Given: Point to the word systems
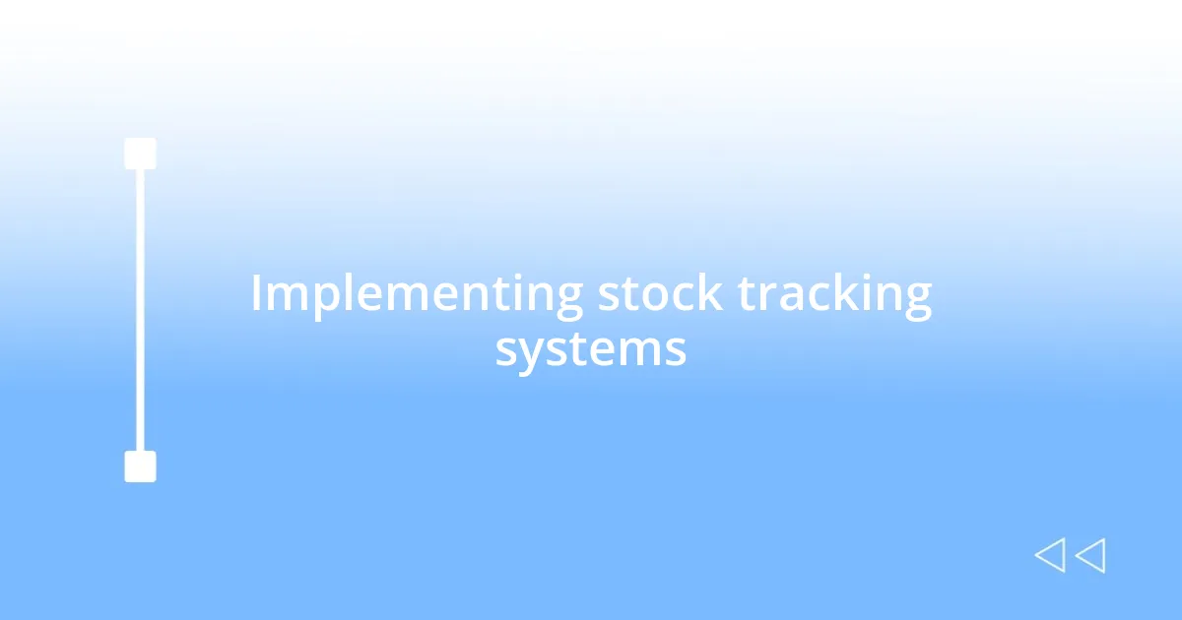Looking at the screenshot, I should tap(590, 349).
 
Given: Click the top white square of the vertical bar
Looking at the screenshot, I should tap(140, 154).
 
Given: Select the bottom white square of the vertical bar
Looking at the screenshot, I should tap(140, 466).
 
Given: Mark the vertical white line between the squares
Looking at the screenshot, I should tap(140, 310).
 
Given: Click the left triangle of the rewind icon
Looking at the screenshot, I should tap(1050, 556).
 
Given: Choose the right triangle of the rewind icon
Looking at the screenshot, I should tap(1090, 556).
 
